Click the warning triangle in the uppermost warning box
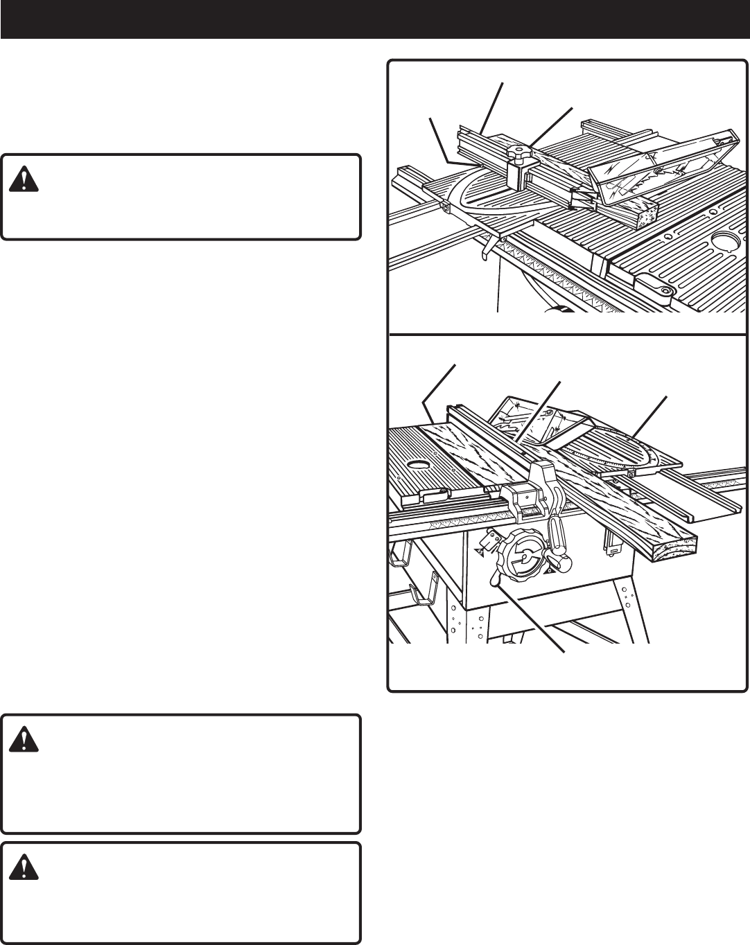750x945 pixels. click(24, 181)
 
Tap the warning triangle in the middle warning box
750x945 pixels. click(24, 741)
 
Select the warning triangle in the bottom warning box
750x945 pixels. click(24, 868)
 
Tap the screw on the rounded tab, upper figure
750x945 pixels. click(665, 290)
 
